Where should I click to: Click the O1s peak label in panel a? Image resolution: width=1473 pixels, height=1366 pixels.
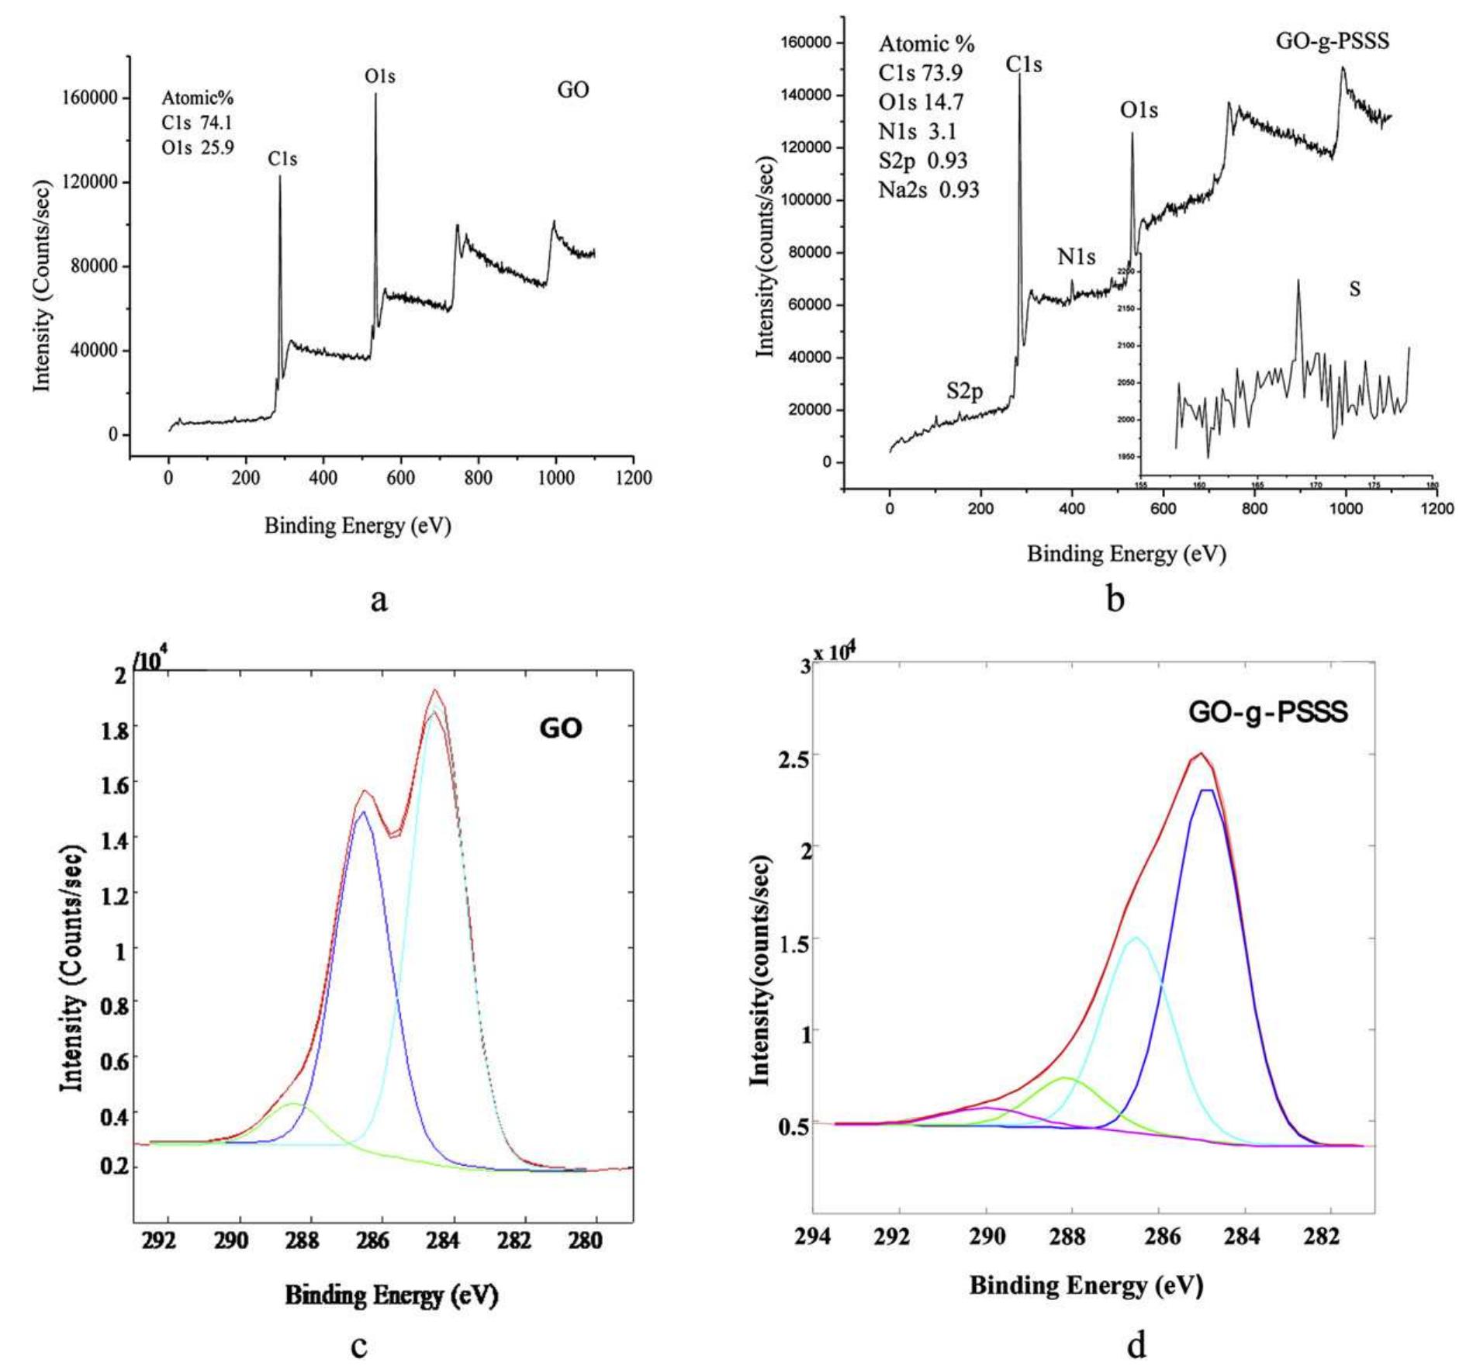pyautogui.click(x=380, y=77)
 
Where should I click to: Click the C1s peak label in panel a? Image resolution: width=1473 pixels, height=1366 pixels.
pyautogui.click(x=282, y=159)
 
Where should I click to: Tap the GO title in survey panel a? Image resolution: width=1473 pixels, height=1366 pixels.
pyautogui.click(x=573, y=90)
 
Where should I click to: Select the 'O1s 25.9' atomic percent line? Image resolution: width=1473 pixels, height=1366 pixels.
pyautogui.click(x=197, y=147)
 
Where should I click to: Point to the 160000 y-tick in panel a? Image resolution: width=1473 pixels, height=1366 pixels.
pyautogui.click(x=92, y=98)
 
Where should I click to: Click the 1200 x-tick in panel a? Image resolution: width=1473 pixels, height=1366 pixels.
pyautogui.click(x=632, y=478)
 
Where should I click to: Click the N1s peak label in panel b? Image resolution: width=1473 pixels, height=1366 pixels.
pyautogui.click(x=1076, y=257)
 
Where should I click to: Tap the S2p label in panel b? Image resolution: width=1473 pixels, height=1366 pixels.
pyautogui.click(x=964, y=391)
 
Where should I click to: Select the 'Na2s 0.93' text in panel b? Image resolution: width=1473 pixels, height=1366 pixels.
pyautogui.click(x=928, y=189)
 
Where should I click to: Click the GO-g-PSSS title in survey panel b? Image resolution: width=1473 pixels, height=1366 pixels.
pyautogui.click(x=1333, y=41)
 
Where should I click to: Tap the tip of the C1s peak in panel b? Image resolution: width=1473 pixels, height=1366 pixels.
pyautogui.click(x=1019, y=75)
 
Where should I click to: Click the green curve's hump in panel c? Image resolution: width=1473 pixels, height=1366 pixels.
pyautogui.click(x=292, y=1104)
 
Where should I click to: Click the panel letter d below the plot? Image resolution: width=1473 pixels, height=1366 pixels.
pyautogui.click(x=1136, y=1344)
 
